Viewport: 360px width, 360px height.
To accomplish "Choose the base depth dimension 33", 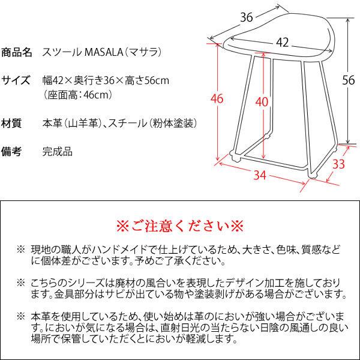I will tap(338, 163).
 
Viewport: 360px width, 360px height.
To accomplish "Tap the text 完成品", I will tap(57, 151).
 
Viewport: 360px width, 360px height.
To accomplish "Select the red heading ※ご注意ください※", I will tap(179, 227).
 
